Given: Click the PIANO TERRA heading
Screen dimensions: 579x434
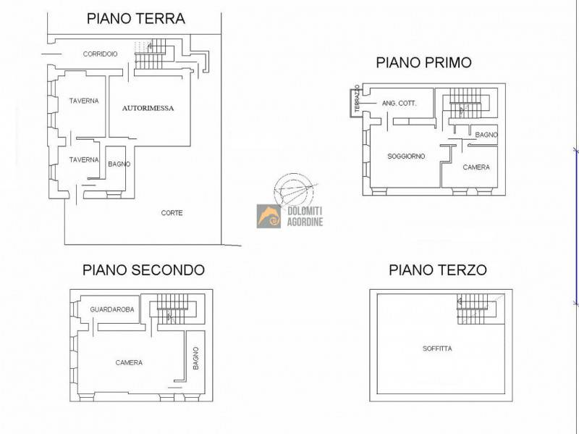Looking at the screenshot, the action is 136,19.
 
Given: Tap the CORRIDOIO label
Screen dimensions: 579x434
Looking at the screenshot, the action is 100,54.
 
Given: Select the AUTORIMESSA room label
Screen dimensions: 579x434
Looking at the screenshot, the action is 148,108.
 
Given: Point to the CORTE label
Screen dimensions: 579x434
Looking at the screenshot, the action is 172,213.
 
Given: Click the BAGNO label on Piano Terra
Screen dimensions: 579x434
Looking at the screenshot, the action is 119,164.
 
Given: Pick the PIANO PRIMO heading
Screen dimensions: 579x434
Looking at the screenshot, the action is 423,62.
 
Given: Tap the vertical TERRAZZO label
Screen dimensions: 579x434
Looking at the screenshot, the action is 357,99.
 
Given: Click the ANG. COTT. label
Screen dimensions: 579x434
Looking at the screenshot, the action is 400,104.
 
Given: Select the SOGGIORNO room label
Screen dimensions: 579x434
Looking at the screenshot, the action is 406,157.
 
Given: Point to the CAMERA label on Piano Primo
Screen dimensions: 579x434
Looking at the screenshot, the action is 476,167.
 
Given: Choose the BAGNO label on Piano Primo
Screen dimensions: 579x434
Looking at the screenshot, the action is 486,135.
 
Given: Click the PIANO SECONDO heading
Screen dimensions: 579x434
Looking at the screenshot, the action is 143,270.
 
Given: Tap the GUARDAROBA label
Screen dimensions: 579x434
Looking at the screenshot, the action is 112,310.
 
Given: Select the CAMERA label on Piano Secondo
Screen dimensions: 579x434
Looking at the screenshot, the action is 129,363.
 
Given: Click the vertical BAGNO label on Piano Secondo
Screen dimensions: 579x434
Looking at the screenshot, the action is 195,358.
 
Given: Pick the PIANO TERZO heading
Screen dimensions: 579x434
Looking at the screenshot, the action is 438,270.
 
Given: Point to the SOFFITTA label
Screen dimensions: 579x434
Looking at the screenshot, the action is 437,349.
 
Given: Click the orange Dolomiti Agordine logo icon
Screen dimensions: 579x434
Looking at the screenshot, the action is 269,216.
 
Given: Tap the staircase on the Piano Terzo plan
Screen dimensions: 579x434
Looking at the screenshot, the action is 477,309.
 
